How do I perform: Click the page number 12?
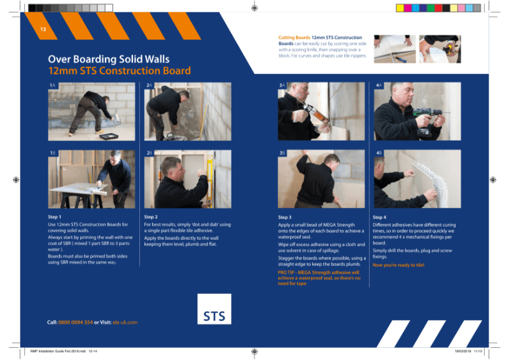pos(43,30)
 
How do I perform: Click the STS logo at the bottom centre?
pos(214,315)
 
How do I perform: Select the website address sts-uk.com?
pos(125,322)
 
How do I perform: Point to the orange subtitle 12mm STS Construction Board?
pos(119,71)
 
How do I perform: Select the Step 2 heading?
pos(151,217)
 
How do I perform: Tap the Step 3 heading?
pos(285,217)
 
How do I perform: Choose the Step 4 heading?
pos(380,217)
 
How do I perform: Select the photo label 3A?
pos(282,85)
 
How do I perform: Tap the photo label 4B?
pos(379,153)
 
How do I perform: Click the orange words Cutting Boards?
pos(294,38)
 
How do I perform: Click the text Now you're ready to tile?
pos(398,265)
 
